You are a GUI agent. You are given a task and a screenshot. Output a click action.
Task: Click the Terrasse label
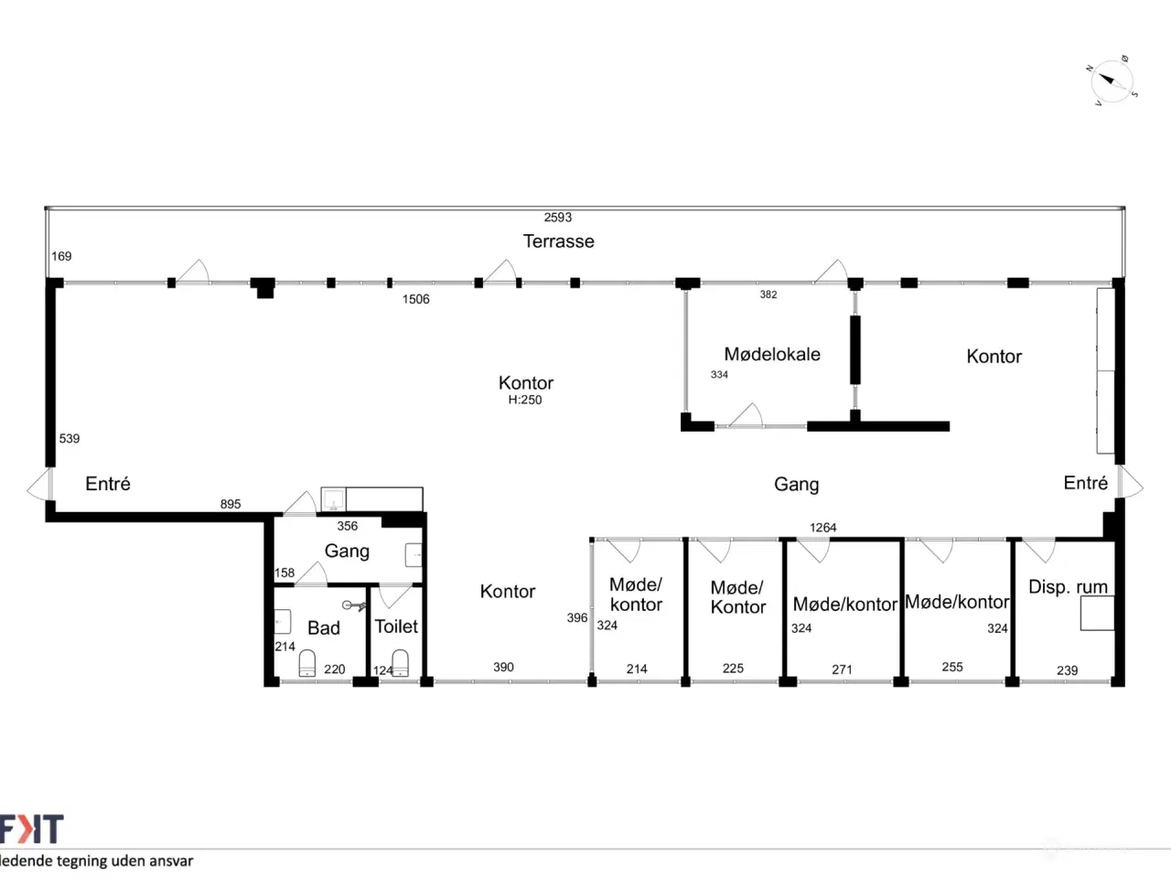point(558,241)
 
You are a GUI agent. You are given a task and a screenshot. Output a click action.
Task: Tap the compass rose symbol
point(1112,81)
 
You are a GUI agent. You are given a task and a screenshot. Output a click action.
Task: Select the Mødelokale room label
point(772,354)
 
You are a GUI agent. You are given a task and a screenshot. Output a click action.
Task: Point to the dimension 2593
point(557,217)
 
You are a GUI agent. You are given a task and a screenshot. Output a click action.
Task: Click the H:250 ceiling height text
point(525,400)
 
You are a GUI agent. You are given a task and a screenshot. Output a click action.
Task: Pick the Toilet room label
point(396,626)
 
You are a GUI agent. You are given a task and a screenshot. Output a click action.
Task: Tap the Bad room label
point(323,627)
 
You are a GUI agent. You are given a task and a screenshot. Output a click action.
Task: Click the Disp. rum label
point(1068,587)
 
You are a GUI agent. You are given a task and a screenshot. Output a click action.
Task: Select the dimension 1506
point(415,299)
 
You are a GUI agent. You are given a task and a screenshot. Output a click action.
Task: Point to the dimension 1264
point(822,528)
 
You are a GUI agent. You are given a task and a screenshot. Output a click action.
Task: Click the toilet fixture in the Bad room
point(306,663)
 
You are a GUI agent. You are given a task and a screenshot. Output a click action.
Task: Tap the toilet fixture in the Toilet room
point(400,663)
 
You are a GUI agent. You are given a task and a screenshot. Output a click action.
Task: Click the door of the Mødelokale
point(746,416)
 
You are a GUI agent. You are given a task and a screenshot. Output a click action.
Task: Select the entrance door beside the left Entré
point(39,484)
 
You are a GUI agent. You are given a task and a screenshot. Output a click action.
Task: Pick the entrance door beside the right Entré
point(1130,483)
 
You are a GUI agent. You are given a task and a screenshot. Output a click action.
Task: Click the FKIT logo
point(31,829)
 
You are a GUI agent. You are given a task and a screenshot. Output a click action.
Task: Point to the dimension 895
point(231,504)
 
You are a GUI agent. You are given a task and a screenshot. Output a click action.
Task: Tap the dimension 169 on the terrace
point(61,256)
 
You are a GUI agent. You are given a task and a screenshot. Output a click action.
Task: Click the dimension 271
point(842,669)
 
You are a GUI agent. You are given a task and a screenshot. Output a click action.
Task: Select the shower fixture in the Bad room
point(355,605)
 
